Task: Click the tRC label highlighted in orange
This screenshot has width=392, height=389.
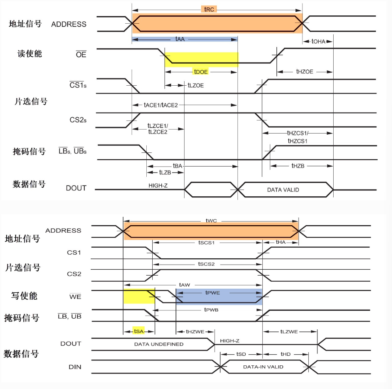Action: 209,9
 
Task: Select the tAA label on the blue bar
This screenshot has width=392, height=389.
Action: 180,39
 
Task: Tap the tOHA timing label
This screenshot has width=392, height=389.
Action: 318,41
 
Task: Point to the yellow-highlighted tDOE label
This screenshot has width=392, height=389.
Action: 201,71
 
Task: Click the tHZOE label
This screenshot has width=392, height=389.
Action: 304,71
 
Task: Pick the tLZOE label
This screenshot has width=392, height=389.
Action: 196,85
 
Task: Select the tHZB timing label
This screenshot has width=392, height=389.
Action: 298,166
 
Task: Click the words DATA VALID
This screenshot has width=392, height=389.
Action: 283,190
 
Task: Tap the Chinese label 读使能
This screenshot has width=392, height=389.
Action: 30,54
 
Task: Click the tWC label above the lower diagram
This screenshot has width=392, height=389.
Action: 211,221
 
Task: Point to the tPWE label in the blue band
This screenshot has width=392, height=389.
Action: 213,293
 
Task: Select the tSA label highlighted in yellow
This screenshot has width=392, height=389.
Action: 139,331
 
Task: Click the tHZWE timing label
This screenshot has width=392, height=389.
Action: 195,332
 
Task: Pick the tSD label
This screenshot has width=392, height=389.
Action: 241,354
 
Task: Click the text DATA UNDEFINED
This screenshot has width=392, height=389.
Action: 159,344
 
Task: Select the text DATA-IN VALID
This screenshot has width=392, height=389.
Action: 263,367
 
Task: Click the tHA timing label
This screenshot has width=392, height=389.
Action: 280,242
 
